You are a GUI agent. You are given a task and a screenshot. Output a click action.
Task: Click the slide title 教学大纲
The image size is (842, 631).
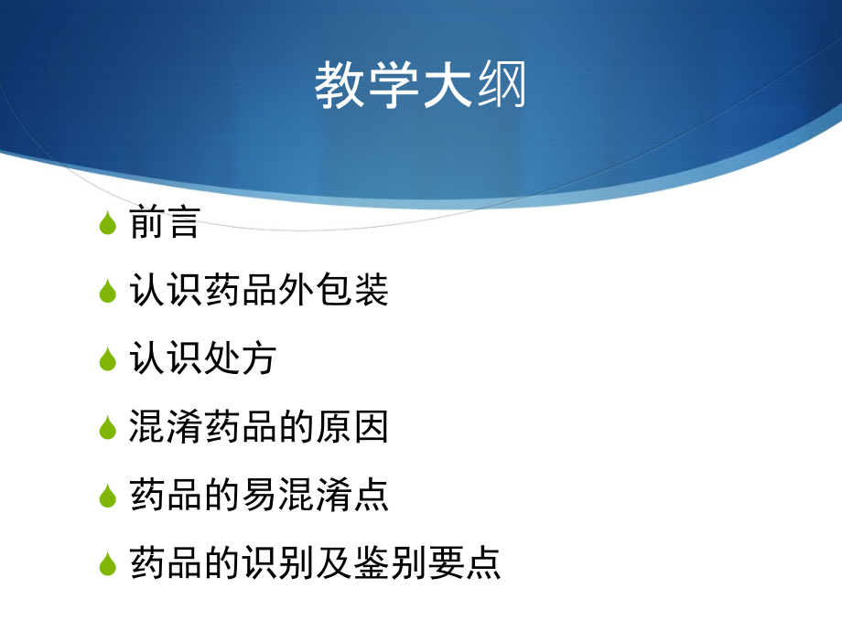click(421, 87)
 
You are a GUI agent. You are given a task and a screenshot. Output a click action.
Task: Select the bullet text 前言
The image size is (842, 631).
click(165, 223)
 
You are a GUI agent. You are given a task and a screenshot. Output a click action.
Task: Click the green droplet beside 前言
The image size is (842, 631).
click(108, 223)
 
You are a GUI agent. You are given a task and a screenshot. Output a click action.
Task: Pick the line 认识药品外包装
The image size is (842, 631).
click(259, 291)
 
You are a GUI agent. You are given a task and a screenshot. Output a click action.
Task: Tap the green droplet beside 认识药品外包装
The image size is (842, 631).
click(108, 291)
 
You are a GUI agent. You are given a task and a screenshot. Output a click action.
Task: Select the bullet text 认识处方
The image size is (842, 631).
click(203, 359)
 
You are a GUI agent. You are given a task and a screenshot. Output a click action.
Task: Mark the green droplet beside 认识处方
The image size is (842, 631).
click(108, 359)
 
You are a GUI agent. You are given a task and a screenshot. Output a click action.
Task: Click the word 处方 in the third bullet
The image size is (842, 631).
click(240, 359)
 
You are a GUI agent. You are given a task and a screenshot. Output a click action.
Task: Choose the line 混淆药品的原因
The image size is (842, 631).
click(259, 427)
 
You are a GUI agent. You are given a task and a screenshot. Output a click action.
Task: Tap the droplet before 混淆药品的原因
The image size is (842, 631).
click(108, 427)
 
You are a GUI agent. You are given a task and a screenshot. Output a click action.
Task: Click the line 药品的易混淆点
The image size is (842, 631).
click(259, 495)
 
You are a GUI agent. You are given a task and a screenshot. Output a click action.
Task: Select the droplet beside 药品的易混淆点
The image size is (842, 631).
click(108, 496)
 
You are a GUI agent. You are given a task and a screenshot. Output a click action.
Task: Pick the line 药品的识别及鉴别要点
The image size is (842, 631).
click(316, 562)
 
